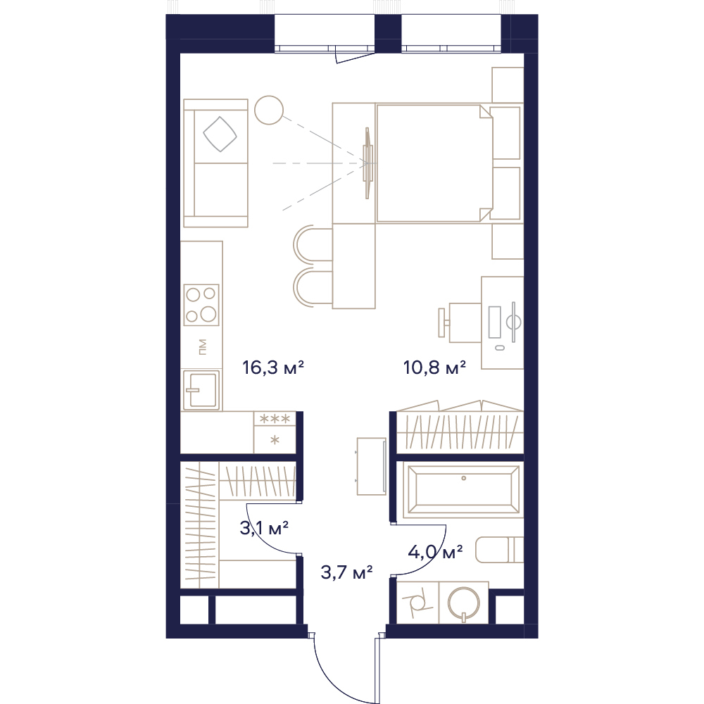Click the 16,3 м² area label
(273, 367)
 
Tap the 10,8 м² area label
(434, 367)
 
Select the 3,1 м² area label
(264, 528)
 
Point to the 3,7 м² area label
(346, 572)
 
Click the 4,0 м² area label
(435, 552)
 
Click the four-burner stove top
(201, 304)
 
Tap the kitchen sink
(201, 390)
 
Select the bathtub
(463, 490)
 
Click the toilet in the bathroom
(499, 549)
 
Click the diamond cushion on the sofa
(220, 134)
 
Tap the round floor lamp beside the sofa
(269, 110)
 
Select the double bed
(434, 163)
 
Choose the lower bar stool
(313, 288)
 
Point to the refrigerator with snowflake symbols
(275, 432)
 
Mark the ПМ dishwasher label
(203, 347)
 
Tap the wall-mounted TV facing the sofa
(367, 163)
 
